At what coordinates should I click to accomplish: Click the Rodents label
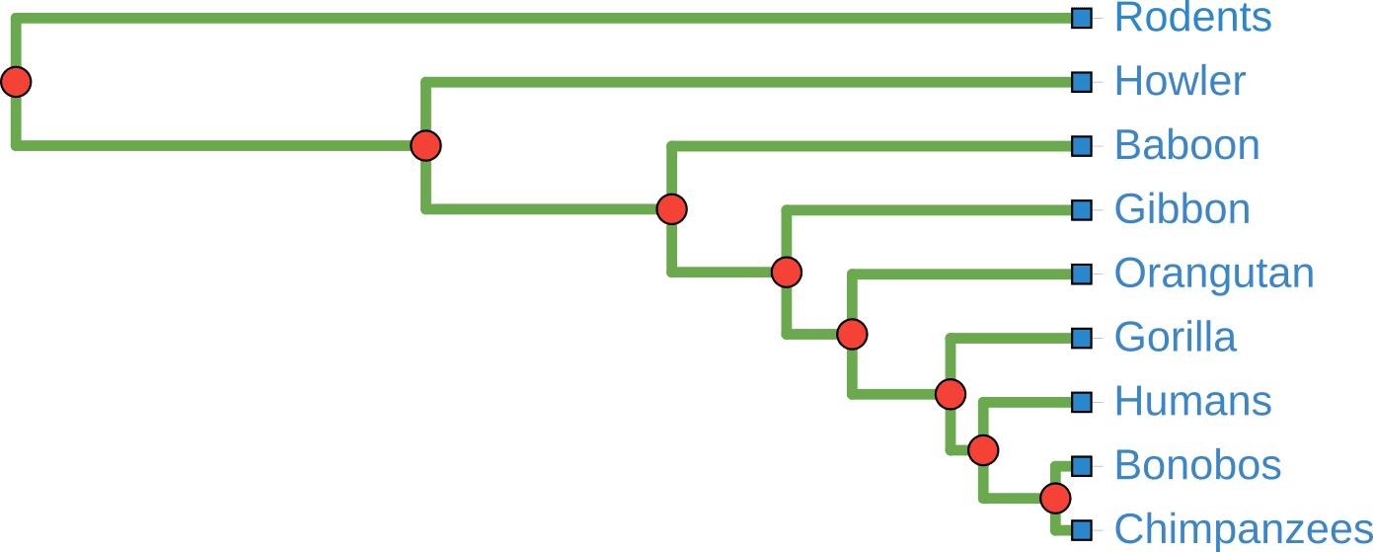click(x=1192, y=18)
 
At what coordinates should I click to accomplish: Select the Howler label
click(x=1180, y=82)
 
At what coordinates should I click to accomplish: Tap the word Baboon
click(x=1186, y=146)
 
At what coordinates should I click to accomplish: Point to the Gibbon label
click(x=1182, y=209)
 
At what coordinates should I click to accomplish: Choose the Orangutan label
click(x=1213, y=274)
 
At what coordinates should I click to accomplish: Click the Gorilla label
click(x=1175, y=338)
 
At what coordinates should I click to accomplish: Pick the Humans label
click(x=1192, y=402)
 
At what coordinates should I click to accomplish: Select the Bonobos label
click(x=1197, y=465)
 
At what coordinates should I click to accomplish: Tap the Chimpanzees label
click(x=1243, y=529)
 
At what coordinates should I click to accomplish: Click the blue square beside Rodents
click(x=1081, y=18)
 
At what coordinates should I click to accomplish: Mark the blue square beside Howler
click(x=1081, y=82)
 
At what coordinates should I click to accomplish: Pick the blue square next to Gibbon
click(x=1081, y=209)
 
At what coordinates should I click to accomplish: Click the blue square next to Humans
click(x=1081, y=402)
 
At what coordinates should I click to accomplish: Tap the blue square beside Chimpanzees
click(x=1081, y=529)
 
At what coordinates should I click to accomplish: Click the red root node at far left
click(x=16, y=82)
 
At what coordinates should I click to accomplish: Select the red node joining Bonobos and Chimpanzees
click(x=1055, y=498)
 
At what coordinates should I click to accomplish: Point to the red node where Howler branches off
click(x=425, y=146)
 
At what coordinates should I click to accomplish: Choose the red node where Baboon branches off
click(x=671, y=209)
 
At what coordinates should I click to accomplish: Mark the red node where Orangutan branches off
click(x=852, y=335)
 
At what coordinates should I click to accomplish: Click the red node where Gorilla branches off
click(x=950, y=395)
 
